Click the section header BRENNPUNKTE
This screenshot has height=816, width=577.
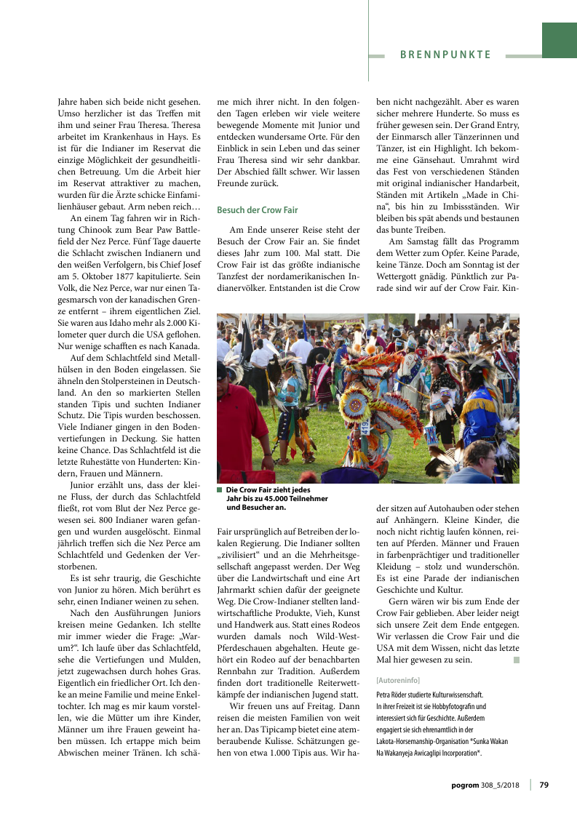pyautogui.click(x=445, y=55)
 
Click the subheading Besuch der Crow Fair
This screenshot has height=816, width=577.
pyautogui.click(x=257, y=210)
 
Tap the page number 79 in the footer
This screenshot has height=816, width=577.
pyautogui.click(x=544, y=784)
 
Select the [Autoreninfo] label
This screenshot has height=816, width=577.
pyautogui.click(x=397, y=680)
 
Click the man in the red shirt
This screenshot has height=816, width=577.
pyautogui.click(x=241, y=422)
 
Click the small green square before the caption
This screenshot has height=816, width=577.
pyautogui.click(x=220, y=490)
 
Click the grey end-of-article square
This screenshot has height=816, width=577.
pyautogui.click(x=516, y=660)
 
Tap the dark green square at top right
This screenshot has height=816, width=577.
pyautogui.click(x=559, y=40)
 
